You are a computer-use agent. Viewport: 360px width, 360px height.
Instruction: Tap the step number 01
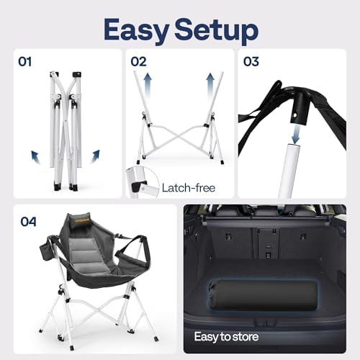coord(24,63)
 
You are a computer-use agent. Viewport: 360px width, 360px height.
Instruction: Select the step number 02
coord(139,63)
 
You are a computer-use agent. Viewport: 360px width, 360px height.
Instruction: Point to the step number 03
coord(251,63)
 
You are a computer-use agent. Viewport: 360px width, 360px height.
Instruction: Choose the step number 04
coord(27,221)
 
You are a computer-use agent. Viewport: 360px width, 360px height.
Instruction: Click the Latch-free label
coord(189,188)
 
